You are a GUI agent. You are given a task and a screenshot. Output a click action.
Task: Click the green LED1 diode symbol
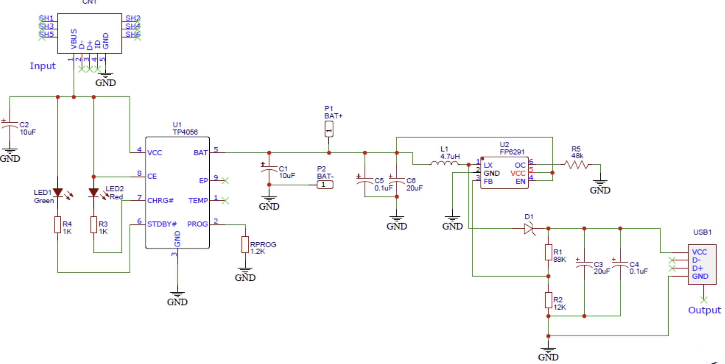(58, 192)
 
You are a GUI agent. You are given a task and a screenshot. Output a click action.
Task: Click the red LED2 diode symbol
(94, 193)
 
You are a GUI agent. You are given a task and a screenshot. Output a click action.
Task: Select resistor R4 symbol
(58, 225)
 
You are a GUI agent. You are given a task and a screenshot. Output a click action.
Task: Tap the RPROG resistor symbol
(245, 245)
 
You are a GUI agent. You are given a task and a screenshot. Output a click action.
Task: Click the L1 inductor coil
(445, 163)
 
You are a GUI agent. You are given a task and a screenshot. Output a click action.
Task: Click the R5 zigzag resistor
(577, 165)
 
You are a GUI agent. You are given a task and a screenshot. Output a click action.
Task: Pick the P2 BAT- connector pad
(325, 185)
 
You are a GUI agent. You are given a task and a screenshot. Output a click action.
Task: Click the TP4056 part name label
(185, 132)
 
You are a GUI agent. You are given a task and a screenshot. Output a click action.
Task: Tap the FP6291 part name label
(512, 152)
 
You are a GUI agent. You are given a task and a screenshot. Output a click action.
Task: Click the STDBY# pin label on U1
(162, 224)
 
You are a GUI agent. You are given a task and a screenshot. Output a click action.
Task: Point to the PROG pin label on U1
(198, 224)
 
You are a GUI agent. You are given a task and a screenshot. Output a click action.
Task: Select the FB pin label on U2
(488, 181)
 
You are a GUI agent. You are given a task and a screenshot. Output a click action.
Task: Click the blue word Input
(43, 66)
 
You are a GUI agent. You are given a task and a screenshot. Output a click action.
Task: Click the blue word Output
(704, 310)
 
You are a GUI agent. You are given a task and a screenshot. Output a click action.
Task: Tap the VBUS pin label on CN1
(74, 39)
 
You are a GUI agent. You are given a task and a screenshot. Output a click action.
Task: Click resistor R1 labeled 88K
(548, 252)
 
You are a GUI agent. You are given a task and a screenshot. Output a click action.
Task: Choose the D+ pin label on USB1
(697, 268)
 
